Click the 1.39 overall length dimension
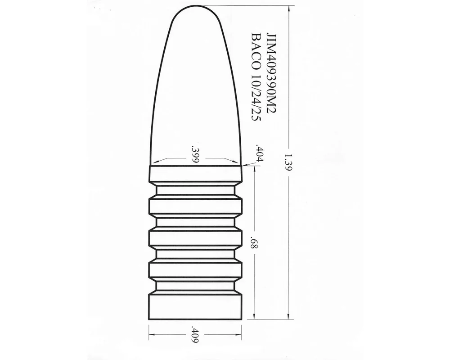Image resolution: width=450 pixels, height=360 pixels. (x=288, y=162)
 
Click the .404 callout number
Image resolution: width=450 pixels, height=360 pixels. (x=260, y=154)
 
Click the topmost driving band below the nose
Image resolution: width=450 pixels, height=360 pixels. (x=195, y=173)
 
